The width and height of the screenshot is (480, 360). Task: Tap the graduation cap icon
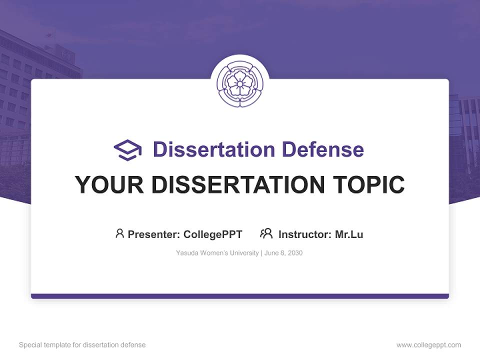click(x=127, y=149)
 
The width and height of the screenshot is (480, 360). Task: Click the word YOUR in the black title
click(x=109, y=185)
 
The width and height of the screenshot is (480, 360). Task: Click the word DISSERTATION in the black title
click(x=237, y=185)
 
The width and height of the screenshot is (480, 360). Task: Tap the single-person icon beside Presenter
click(x=119, y=233)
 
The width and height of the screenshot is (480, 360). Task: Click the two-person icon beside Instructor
click(x=266, y=233)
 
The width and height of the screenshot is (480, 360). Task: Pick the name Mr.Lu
click(x=349, y=234)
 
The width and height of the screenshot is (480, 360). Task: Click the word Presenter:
click(x=154, y=234)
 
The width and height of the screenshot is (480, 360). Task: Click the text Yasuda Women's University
click(x=217, y=253)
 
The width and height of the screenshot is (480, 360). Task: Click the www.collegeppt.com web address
click(x=428, y=345)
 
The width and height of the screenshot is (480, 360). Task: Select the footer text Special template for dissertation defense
click(x=82, y=345)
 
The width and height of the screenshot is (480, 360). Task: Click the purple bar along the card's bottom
click(x=240, y=296)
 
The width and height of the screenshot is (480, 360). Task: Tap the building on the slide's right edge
click(x=464, y=140)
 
